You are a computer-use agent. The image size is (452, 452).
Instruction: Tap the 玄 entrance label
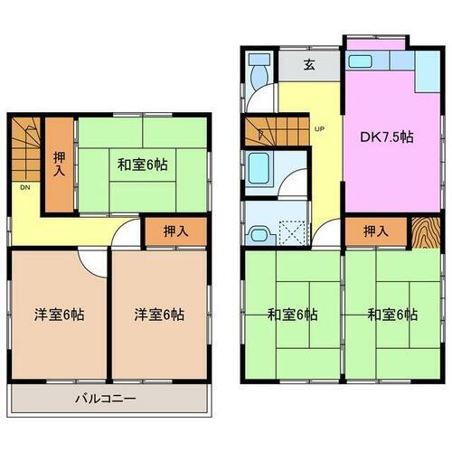(308, 65)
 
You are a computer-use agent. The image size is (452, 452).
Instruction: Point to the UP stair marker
(318, 128)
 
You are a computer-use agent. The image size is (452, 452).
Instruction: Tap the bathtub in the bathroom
(260, 166)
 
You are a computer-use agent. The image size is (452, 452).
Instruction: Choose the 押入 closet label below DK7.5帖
(375, 231)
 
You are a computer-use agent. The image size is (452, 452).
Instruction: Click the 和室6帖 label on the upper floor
(141, 165)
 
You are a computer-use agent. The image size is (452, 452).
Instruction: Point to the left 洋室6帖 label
(56, 315)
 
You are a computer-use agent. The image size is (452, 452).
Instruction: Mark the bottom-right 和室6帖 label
(391, 315)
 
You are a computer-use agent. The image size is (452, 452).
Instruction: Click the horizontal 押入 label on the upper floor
(176, 231)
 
